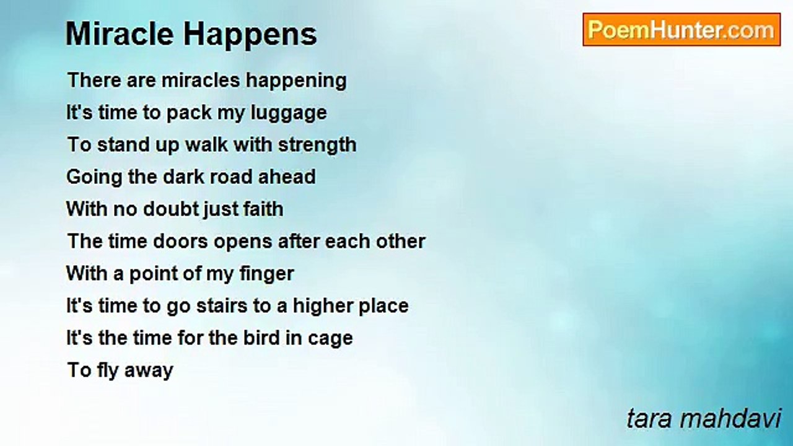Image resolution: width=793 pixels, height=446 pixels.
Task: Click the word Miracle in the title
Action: pos(120,34)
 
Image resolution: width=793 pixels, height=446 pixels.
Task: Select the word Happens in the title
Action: pos(250,35)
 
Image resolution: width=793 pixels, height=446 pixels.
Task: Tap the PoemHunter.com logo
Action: pos(681,30)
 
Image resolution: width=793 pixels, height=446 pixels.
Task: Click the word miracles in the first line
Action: pos(201,80)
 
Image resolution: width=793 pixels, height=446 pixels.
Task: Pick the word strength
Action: pos(317,146)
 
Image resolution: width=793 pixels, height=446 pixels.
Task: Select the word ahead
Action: pos(287,177)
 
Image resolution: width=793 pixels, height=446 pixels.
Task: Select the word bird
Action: pos(261,338)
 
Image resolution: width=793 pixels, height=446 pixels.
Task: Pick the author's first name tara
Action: pos(649,419)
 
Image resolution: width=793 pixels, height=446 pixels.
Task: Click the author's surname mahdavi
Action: pos(730,418)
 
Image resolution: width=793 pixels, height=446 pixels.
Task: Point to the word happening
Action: pos(296,81)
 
